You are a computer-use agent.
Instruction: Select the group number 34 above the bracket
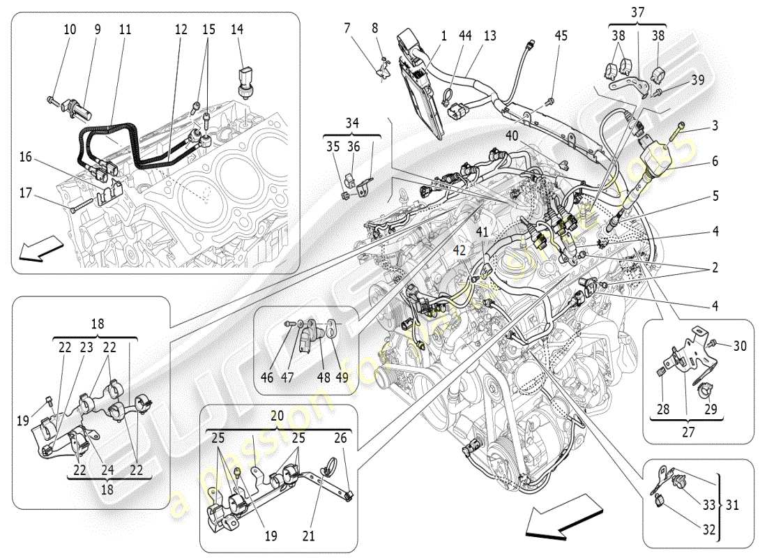pyautogui.click(x=351, y=123)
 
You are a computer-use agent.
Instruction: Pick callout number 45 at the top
pyautogui.click(x=561, y=36)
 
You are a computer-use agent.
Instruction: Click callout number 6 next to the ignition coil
pyautogui.click(x=715, y=160)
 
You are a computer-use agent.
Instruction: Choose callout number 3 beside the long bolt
pyautogui.click(x=715, y=126)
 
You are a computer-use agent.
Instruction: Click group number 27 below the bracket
pyautogui.click(x=689, y=431)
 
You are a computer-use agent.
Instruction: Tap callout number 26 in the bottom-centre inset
pyautogui.click(x=340, y=438)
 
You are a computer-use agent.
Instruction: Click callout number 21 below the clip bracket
pyautogui.click(x=309, y=536)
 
